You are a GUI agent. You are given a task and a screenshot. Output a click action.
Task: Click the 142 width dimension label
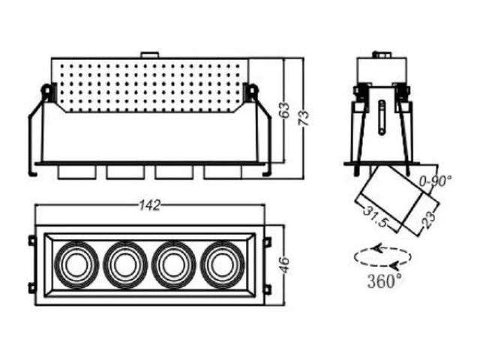tap(150, 205)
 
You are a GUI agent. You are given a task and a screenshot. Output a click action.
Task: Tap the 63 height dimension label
tap(284, 109)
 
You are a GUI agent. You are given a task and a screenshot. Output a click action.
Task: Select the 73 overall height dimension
tap(304, 118)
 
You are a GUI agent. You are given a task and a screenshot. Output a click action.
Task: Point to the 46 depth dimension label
tap(284, 265)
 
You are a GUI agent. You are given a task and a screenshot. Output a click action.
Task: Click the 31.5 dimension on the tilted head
tap(375, 217)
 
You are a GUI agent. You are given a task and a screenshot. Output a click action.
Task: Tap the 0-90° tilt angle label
tap(435, 182)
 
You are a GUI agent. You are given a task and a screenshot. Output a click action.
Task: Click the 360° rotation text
tap(385, 280)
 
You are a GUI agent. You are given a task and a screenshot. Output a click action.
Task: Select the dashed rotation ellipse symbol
tap(382, 257)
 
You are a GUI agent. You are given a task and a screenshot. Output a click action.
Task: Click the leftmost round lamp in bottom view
tap(76, 265)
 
